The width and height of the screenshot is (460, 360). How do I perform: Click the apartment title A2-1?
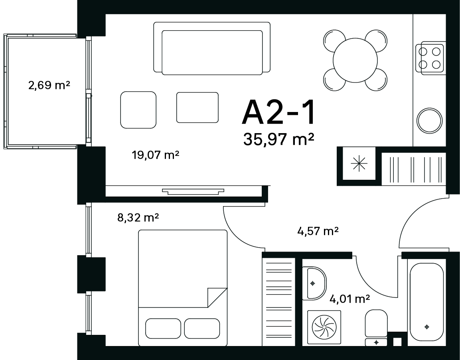pos(278,112)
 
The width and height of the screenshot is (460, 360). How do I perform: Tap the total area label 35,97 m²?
pos(279,139)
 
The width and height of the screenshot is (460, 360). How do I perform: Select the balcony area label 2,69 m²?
pos(49,85)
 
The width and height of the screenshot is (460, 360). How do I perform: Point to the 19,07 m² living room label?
pos(156,155)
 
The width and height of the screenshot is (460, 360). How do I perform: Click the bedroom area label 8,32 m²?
pos(138,218)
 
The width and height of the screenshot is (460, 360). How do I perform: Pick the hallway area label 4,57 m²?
pos(318,231)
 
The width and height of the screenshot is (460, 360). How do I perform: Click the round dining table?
pos(355,60)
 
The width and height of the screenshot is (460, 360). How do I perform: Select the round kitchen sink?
pos(430,120)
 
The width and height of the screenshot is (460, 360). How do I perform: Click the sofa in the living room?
pos(212,48)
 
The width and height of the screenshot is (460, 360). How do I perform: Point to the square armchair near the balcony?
pos(138,110)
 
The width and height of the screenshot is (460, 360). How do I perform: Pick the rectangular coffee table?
pos(197,107)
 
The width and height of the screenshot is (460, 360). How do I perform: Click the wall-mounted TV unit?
pos(193,191)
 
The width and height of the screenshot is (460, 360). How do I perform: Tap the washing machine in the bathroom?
pos(324,327)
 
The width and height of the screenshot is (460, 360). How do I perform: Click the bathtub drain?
pos(427,327)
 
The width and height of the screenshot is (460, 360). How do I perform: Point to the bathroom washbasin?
pos(314,283)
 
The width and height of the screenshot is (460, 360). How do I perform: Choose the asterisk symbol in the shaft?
pos(359,163)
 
